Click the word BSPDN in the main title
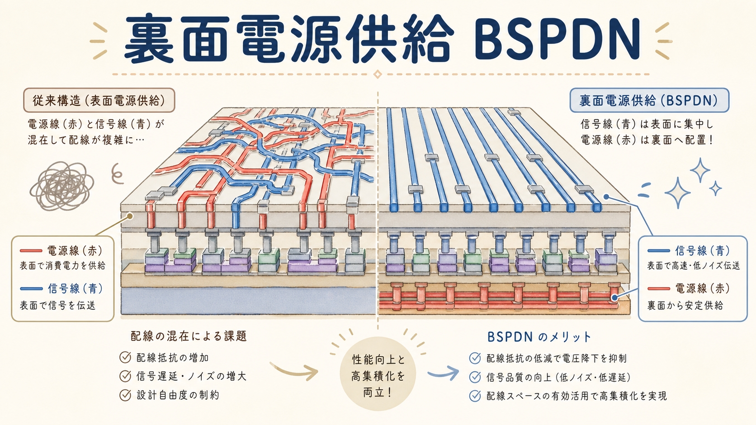[558, 39]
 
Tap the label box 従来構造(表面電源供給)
[99, 100]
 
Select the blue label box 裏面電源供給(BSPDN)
[649, 100]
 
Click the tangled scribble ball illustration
[61, 185]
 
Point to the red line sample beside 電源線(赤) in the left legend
[31, 251]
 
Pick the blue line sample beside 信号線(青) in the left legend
[31, 289]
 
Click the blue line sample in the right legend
[658, 251]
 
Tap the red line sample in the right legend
[658, 289]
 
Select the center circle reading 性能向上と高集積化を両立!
[378, 374]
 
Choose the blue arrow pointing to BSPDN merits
[443, 373]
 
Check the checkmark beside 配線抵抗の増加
[125, 357]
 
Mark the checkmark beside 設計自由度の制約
[125, 395]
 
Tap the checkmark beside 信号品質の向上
[475, 377]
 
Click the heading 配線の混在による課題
[189, 336]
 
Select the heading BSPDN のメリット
[539, 336]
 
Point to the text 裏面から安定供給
[685, 305]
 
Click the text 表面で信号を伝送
[57, 305]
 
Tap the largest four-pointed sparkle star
[677, 192]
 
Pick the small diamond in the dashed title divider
[378, 74]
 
